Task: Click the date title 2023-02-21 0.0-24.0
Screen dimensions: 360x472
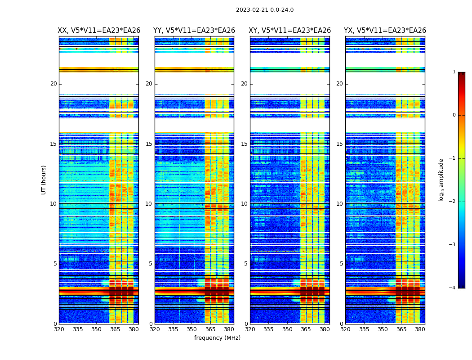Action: pyautogui.click(x=264, y=10)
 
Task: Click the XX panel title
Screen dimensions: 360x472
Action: pyautogui.click(x=99, y=31)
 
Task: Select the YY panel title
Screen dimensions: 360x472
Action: pyautogui.click(x=194, y=31)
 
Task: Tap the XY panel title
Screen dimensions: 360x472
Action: pyautogui.click(x=289, y=31)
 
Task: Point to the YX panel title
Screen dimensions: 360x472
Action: pyautogui.click(x=385, y=31)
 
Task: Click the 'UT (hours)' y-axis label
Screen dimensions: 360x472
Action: pyautogui.click(x=44, y=180)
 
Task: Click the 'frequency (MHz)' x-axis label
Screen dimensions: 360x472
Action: pyautogui.click(x=217, y=338)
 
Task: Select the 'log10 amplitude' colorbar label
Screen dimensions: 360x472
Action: pyautogui.click(x=441, y=180)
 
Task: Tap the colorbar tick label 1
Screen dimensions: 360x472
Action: pyautogui.click(x=454, y=72)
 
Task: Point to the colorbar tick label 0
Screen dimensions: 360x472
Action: pyautogui.click(x=454, y=115)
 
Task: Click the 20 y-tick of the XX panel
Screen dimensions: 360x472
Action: pyautogui.click(x=53, y=84)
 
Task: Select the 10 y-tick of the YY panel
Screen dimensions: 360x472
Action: pyautogui.click(x=149, y=204)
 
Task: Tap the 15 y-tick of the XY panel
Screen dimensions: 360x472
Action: pyautogui.click(x=244, y=144)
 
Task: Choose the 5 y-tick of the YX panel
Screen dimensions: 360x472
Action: pyautogui.click(x=341, y=264)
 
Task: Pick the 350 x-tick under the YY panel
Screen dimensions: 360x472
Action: pyautogui.click(x=192, y=329)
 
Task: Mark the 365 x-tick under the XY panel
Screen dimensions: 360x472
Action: pyautogui.click(x=306, y=329)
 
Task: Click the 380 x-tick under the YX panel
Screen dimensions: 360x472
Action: pyautogui.click(x=420, y=329)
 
